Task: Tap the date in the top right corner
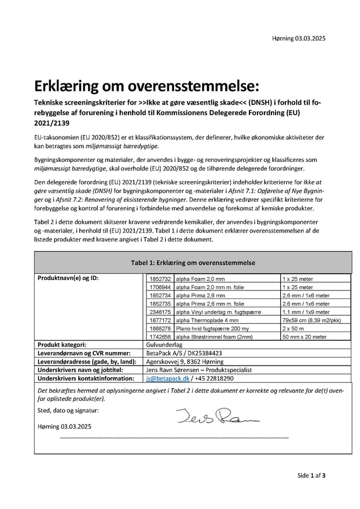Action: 299,39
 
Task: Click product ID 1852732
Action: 160,278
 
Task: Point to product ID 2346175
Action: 160,311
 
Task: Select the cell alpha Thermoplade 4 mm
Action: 207,319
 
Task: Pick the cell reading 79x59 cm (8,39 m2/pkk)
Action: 311,319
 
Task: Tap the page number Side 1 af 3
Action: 311,475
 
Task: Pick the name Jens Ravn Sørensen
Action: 177,370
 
